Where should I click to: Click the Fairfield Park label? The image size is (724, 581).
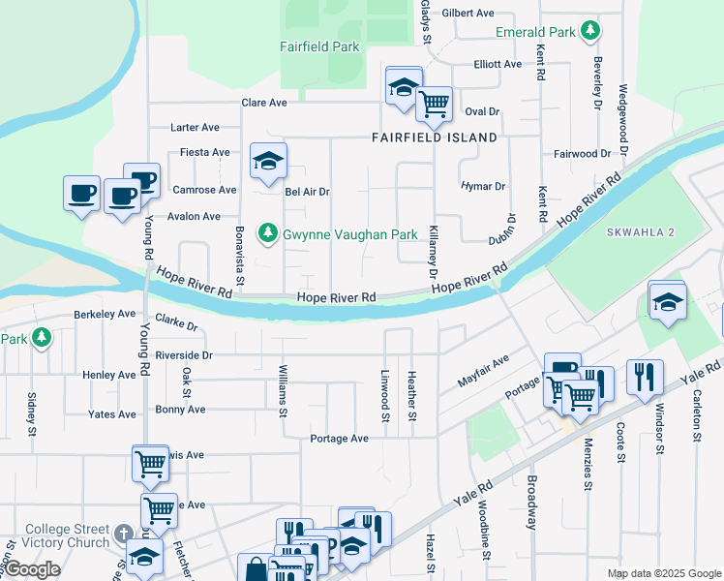tap(319, 46)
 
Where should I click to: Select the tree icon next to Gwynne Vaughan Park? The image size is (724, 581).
tap(267, 233)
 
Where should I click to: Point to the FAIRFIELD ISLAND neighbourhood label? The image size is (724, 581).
tap(435, 138)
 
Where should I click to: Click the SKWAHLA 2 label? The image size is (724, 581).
tap(641, 233)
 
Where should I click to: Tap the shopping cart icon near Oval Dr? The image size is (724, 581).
tap(435, 103)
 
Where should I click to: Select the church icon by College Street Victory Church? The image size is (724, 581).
tap(123, 535)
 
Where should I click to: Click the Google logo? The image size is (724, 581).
tap(32, 569)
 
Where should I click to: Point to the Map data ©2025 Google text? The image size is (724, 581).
tap(664, 574)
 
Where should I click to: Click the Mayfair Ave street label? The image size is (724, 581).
tap(483, 370)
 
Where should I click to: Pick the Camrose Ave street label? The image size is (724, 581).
tap(204, 190)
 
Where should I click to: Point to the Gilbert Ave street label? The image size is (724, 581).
tap(468, 14)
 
